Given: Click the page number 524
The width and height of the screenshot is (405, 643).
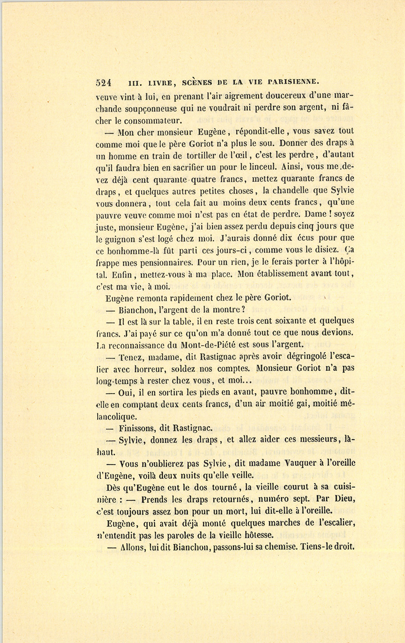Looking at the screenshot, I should point(104,82).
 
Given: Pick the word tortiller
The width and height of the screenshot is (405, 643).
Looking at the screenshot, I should point(206,156).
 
